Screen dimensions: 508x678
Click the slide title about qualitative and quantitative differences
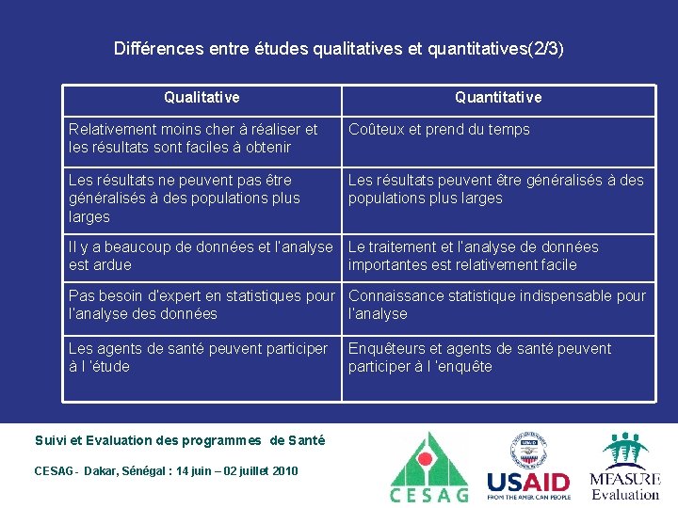(x=338, y=48)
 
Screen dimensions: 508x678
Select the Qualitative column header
(x=202, y=97)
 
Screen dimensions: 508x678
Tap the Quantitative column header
(x=498, y=97)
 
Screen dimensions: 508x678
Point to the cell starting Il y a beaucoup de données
(x=201, y=256)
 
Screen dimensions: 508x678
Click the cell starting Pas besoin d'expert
(x=201, y=305)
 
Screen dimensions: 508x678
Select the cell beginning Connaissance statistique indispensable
(x=497, y=305)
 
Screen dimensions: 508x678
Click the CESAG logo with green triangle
(x=429, y=467)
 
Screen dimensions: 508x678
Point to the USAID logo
(x=528, y=483)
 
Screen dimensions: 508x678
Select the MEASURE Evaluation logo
(x=624, y=468)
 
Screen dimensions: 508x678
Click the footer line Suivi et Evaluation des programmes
(x=180, y=440)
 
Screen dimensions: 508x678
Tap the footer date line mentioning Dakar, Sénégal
(x=166, y=470)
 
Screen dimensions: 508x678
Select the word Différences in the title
(x=153, y=48)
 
